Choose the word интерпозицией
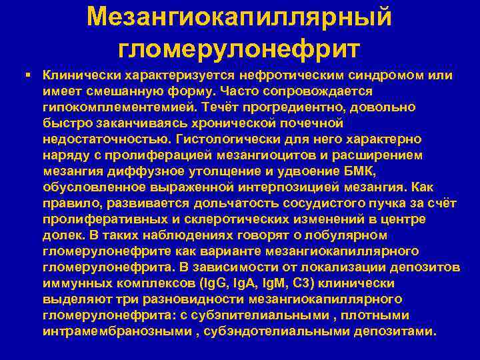[x=266, y=187]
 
